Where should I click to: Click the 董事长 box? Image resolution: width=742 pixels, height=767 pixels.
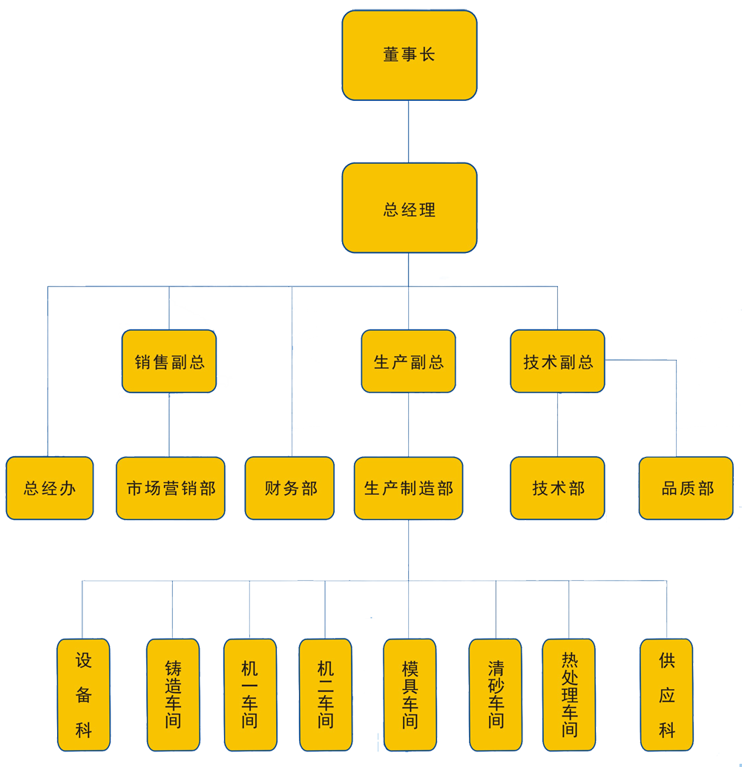409,55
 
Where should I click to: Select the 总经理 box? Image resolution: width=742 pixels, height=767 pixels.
409,208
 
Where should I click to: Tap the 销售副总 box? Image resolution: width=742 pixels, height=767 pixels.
169,361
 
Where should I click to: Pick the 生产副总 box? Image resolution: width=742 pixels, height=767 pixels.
408,361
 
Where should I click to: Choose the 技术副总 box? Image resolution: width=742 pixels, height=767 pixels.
557,361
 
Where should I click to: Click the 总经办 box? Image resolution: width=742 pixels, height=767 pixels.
50,488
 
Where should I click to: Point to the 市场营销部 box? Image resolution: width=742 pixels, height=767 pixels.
171,488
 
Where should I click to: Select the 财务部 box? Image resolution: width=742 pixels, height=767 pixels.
289,488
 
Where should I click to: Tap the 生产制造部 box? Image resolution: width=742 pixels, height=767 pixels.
408,488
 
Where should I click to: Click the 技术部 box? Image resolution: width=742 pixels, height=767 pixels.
557,488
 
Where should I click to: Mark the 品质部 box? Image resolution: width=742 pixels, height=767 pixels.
686,488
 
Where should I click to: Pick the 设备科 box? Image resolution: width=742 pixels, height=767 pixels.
83,694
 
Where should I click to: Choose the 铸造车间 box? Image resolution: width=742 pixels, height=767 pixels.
173,694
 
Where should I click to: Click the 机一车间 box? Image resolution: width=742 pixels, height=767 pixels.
249,694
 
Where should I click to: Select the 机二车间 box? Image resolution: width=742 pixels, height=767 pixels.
325,694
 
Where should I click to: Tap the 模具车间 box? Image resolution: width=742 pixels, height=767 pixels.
410,694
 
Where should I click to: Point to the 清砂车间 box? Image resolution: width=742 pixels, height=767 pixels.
496,694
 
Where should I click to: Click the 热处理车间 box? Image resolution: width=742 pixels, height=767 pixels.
569,694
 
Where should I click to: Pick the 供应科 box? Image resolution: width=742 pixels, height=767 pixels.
666,694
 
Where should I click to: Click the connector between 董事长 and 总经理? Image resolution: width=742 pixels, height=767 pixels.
409,131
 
